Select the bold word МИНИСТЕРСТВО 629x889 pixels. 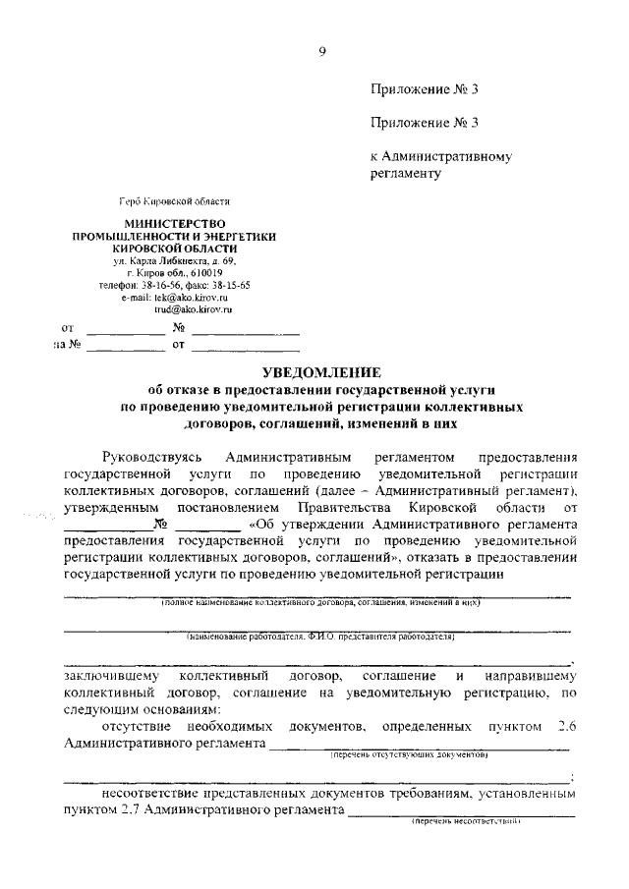pos(174,224)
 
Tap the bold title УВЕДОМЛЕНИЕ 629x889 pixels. pos(320,372)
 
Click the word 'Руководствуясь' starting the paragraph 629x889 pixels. pos(151,457)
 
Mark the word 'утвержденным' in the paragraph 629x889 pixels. pos(109,506)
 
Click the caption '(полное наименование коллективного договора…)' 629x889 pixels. pos(320,602)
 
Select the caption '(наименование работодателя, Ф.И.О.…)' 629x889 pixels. pos(320,638)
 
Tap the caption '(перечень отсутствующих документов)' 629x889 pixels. pos(409,755)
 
